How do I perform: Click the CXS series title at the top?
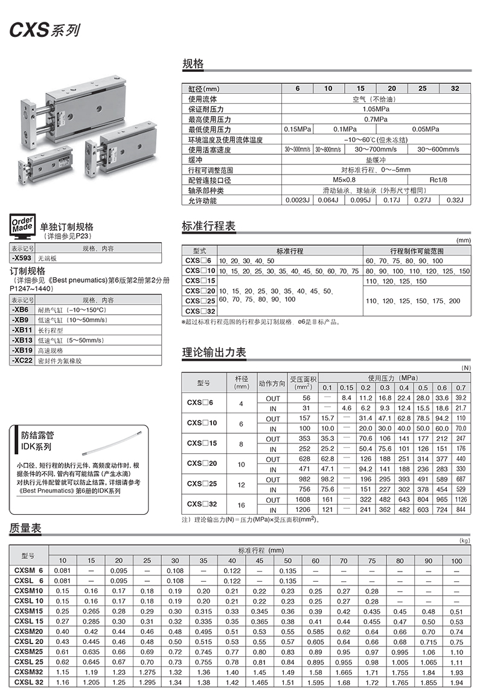point(44,29)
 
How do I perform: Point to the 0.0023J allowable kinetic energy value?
point(298,201)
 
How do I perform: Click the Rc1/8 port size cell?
point(438,180)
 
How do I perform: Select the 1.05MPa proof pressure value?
point(376,109)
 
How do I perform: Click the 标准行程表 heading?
point(208,226)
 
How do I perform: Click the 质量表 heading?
point(25,527)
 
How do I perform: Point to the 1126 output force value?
point(461,500)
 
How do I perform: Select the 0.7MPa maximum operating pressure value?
point(376,119)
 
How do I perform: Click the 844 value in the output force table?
point(461,509)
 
